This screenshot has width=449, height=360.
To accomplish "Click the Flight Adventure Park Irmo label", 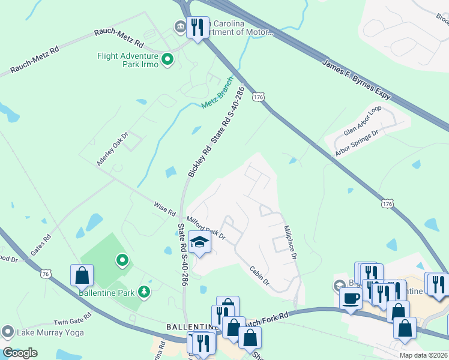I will pyautogui.click(x=127, y=60).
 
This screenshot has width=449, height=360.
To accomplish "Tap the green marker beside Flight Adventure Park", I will pyautogui.click(x=167, y=59).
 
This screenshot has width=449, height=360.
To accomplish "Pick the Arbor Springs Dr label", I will pyautogui.click(x=360, y=142).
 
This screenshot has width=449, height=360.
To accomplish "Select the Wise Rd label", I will pyautogui.click(x=164, y=209).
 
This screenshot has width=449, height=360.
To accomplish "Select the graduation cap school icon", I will pyautogui.click(x=199, y=242).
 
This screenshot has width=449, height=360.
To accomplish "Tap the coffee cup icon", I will pyautogui.click(x=351, y=298).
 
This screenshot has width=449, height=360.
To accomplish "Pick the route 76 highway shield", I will pyautogui.click(x=46, y=274).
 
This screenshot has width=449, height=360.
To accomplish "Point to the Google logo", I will pyautogui.click(x=19, y=353).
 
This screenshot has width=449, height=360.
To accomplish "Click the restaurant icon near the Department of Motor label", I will pyautogui.click(x=197, y=27).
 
